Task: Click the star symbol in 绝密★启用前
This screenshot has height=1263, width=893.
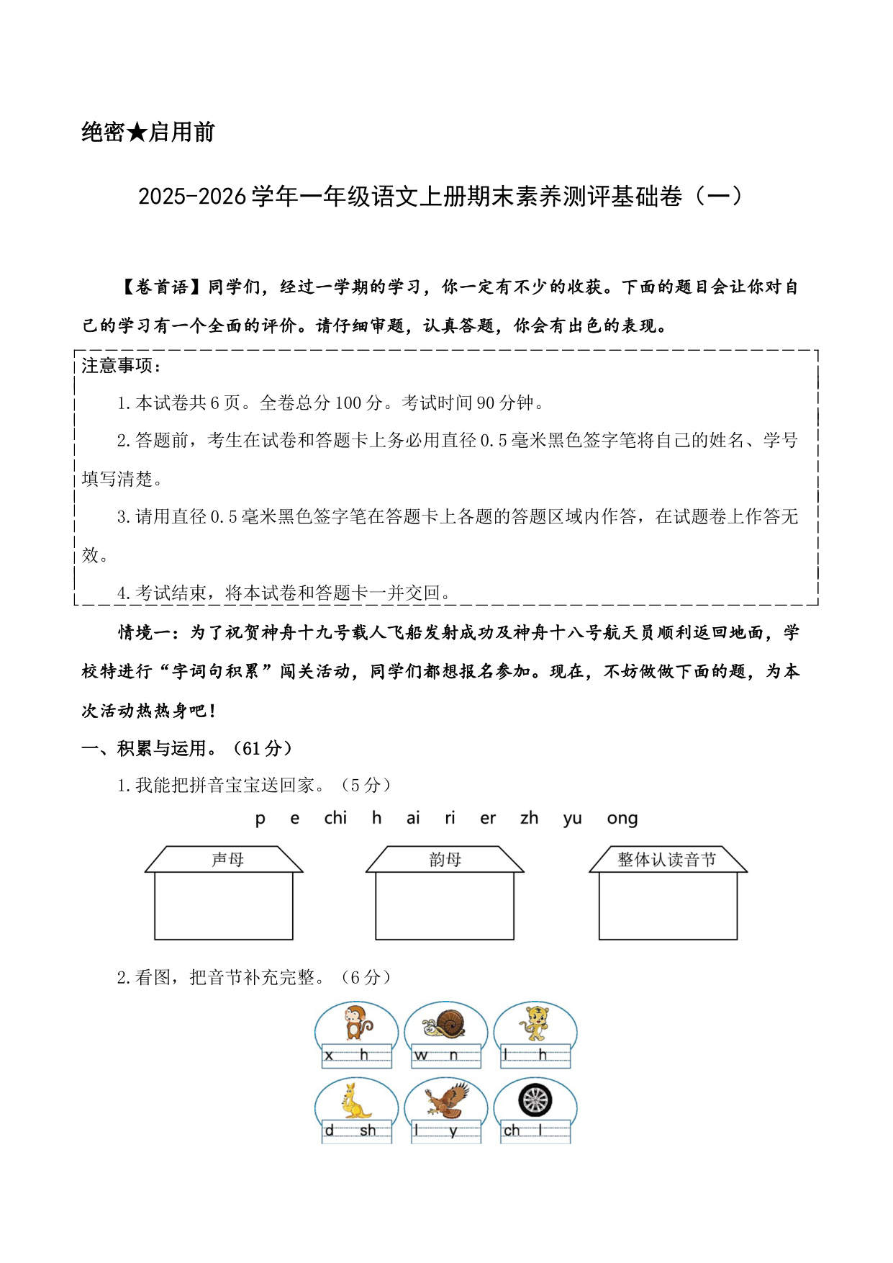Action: tap(137, 132)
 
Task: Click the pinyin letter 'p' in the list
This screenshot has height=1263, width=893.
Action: tap(260, 819)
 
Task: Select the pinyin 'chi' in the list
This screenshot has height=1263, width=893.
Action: tap(335, 818)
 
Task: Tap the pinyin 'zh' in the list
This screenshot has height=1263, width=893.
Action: tap(529, 819)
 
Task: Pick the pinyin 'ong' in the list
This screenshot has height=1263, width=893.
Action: tap(622, 819)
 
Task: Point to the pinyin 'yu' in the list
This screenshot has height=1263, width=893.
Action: tap(573, 819)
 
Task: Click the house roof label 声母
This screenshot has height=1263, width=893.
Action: tap(227, 860)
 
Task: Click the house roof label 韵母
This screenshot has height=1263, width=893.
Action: tap(445, 860)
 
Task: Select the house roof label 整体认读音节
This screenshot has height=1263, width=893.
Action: tap(667, 860)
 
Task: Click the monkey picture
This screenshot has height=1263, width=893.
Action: tap(356, 1022)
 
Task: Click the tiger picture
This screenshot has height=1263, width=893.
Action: tap(535, 1023)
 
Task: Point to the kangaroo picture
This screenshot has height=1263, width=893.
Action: tap(356, 1100)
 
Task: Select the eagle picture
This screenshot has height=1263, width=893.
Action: tap(446, 1100)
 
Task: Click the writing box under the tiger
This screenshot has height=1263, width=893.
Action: tap(535, 1056)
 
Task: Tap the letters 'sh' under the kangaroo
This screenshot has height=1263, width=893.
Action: tap(368, 1131)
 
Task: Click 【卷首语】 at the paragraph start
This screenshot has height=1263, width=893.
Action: tap(162, 287)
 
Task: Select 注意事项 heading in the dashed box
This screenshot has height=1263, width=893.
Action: tap(118, 366)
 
